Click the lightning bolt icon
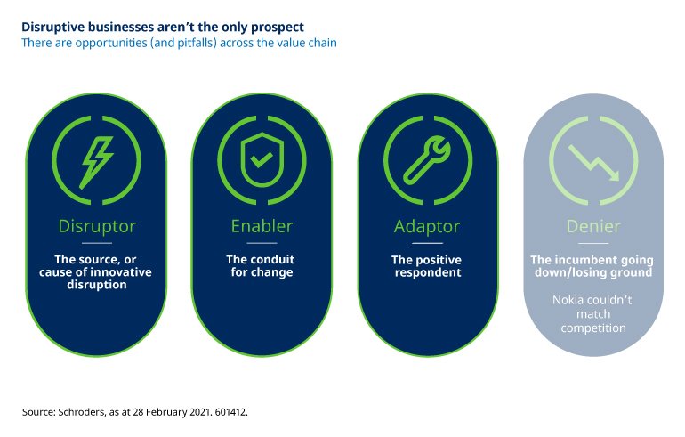[97, 162]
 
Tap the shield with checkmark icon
[262, 159]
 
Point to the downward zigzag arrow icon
[593, 163]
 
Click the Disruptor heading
[97, 226]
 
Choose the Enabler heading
[262, 226]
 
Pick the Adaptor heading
[427, 226]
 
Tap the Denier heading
[593, 226]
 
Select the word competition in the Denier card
[593, 328]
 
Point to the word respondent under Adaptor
[428, 272]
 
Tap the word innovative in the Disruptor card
[124, 271]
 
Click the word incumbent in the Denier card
[591, 260]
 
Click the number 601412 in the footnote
[231, 412]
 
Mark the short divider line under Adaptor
[427, 243]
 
